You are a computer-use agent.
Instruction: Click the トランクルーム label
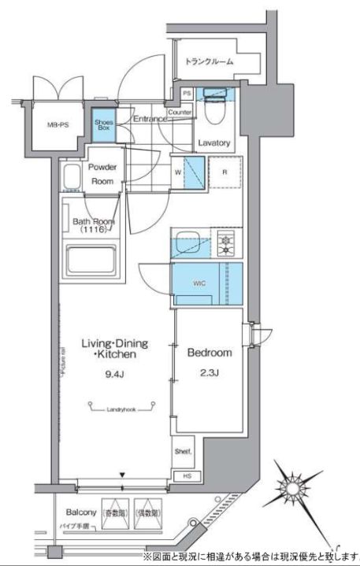[x=210, y=61]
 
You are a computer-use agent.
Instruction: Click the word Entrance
[x=149, y=119]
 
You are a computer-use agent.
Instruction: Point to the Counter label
[x=180, y=113]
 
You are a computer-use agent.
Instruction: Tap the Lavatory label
[x=213, y=143]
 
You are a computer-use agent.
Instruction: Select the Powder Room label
[x=102, y=173]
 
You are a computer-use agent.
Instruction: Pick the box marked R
[x=225, y=172]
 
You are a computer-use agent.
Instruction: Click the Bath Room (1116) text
[x=94, y=228]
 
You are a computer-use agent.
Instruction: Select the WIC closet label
[x=199, y=284]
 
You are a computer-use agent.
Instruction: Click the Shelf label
[x=183, y=452]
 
